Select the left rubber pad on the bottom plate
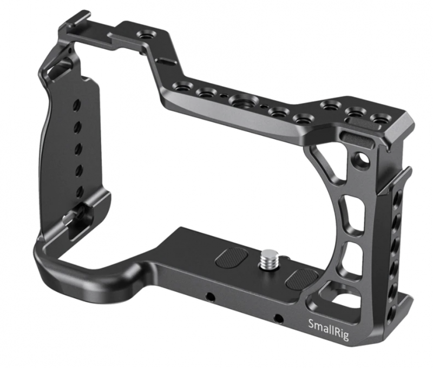click(x=228, y=257)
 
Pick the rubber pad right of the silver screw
click(x=302, y=278)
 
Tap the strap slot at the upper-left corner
click(x=59, y=70)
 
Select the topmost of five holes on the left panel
click(x=77, y=104)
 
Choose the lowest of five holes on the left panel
click(x=80, y=190)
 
